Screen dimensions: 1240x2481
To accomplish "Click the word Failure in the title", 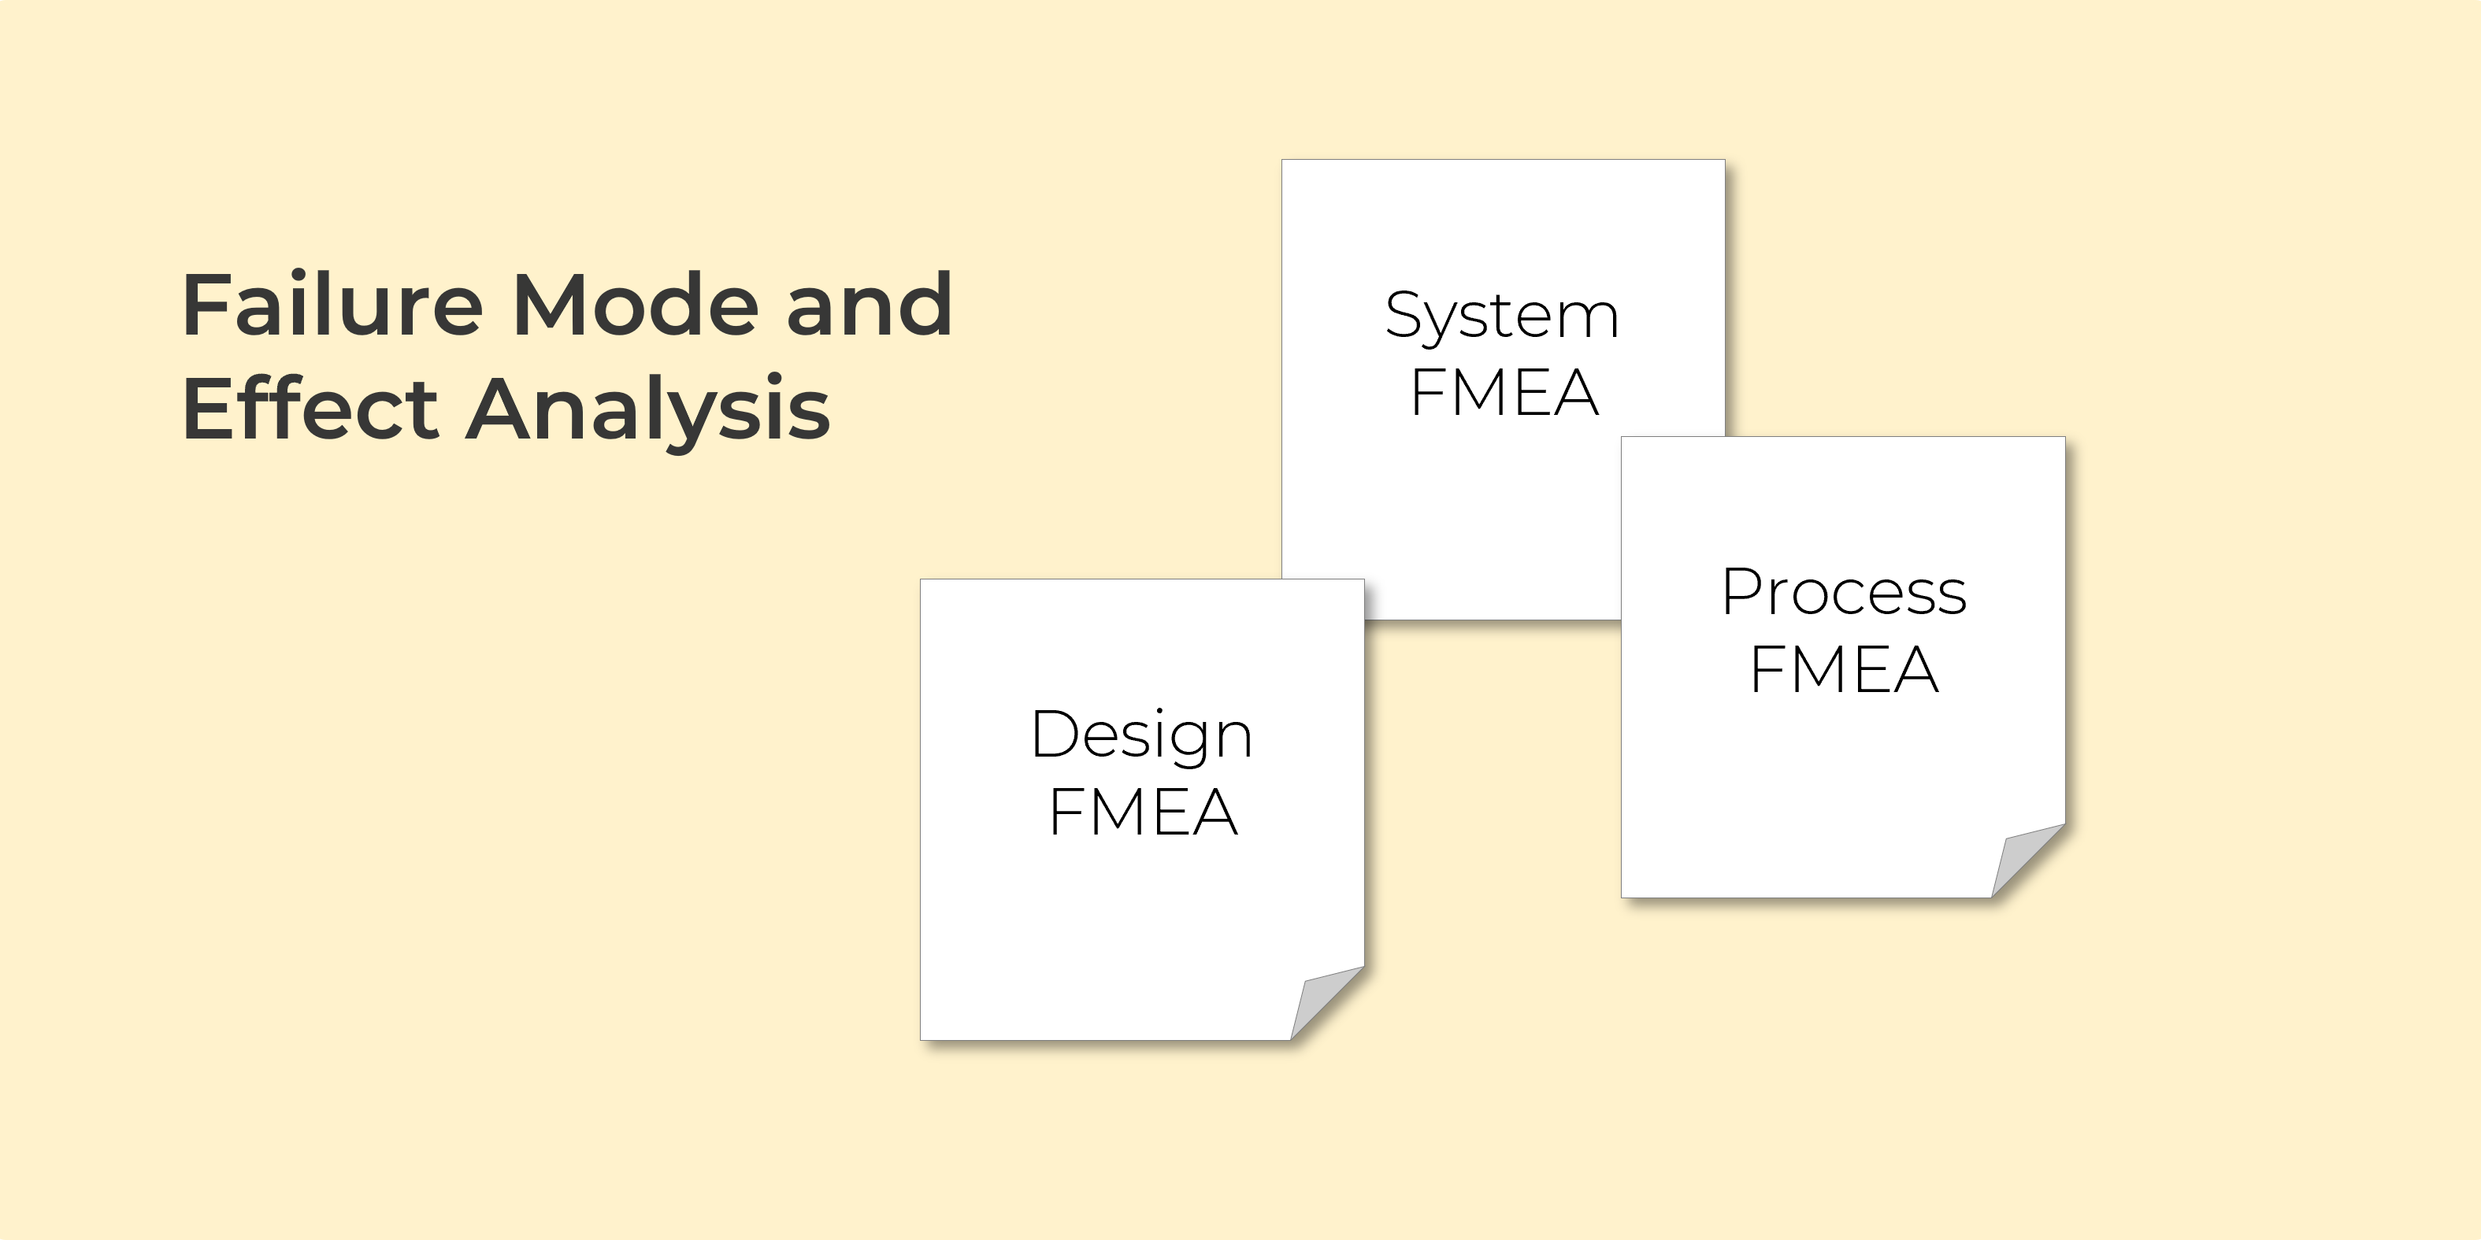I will pos(332,305).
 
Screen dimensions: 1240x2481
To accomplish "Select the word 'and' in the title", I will pos(869,305).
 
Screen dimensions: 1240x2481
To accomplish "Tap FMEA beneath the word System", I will pos(1504,393).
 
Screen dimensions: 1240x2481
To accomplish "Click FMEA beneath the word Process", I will pos(1843,669).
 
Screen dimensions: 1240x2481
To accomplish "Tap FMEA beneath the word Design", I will pos(1142,812).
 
